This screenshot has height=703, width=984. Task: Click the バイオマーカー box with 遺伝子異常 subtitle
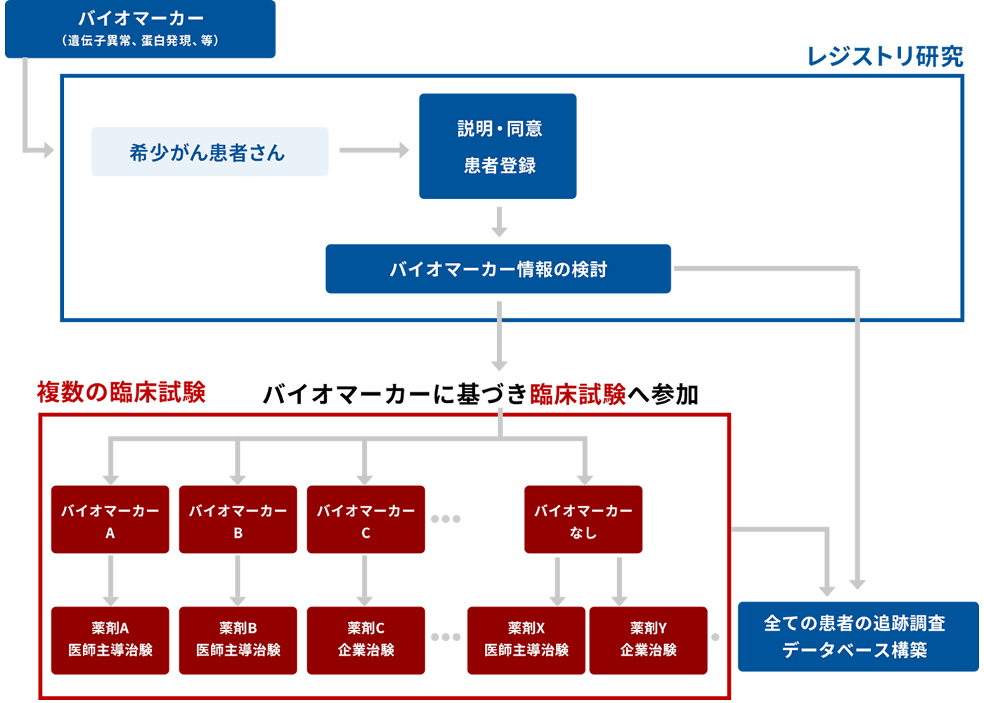[141, 29]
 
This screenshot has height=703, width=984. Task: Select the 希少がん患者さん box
[209, 152]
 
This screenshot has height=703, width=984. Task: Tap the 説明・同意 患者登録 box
[498, 146]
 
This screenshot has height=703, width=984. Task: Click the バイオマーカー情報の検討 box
[498, 269]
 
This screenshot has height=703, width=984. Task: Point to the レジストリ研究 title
[885, 57]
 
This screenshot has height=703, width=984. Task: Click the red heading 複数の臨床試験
[121, 392]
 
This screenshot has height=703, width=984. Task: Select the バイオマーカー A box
[110, 520]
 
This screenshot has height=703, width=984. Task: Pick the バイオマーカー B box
[238, 520]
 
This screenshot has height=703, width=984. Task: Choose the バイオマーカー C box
[366, 520]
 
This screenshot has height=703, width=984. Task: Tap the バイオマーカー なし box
[583, 520]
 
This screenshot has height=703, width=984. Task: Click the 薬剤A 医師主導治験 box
[110, 640]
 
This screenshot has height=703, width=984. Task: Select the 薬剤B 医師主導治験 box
[238, 640]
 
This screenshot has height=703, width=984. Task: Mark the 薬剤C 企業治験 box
[366, 640]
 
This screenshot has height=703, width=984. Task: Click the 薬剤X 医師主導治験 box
[526, 640]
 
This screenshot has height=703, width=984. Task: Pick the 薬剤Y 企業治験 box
[648, 640]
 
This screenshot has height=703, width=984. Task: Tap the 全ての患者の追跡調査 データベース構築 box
[857, 636]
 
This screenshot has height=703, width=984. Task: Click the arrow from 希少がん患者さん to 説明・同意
[374, 150]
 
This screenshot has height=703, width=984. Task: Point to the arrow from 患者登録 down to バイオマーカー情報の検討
[499, 221]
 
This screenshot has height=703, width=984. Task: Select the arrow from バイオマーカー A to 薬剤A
[110, 580]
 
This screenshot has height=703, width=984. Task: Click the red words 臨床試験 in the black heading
[578, 394]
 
